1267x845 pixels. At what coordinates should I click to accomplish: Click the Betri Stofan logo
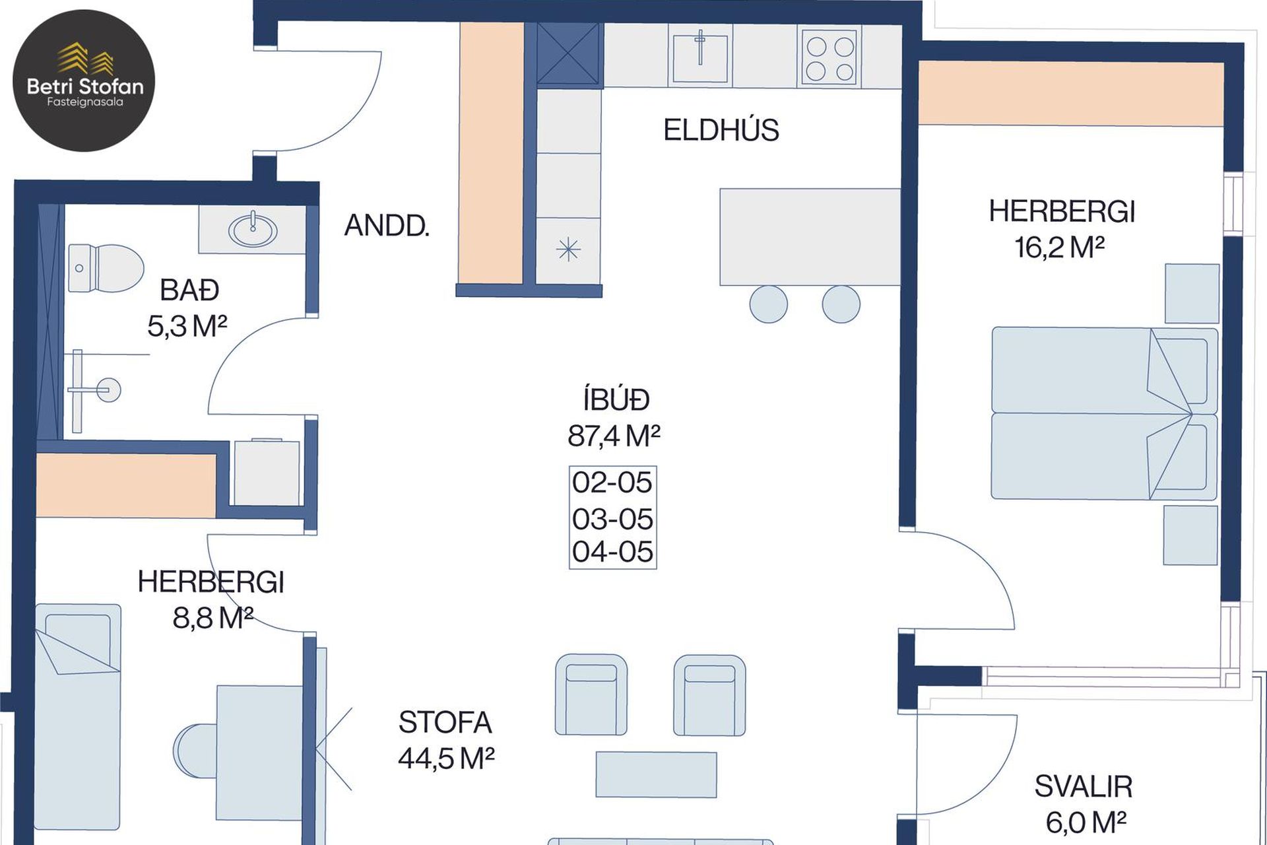click(84, 81)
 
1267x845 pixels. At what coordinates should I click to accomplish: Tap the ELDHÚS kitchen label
click(721, 130)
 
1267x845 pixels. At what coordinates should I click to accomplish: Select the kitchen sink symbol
click(700, 57)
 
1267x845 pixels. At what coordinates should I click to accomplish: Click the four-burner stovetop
click(829, 58)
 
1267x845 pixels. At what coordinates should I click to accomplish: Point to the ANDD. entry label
click(387, 226)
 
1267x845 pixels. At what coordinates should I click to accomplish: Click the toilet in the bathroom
click(106, 268)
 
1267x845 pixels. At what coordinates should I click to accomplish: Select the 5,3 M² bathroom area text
click(187, 326)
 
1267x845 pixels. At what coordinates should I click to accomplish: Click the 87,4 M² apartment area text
click(614, 436)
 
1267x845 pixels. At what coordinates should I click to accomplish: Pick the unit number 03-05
click(612, 520)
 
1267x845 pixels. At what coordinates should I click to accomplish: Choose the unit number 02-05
click(612, 483)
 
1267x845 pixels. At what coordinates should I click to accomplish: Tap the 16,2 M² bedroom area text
click(1060, 248)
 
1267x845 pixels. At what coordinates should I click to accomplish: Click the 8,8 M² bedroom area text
click(212, 619)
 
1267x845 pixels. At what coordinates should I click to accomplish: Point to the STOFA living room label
click(445, 723)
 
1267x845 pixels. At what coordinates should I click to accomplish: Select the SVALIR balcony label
click(1084, 787)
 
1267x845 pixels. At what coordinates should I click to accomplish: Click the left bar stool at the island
click(769, 304)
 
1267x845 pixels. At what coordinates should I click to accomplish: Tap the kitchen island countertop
click(810, 237)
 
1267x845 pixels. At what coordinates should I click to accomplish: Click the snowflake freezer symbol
click(568, 250)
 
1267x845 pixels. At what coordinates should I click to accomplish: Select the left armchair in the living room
click(591, 695)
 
